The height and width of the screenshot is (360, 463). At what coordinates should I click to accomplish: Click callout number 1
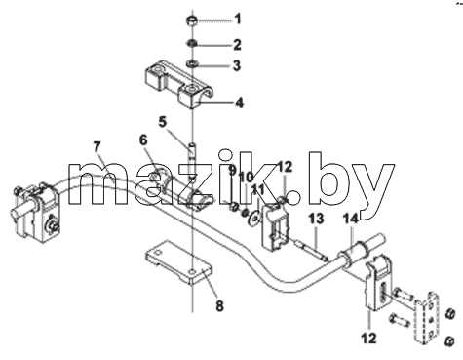238,19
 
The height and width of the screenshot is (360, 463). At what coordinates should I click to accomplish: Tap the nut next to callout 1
192,20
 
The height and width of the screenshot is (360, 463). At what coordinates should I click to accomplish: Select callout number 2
238,45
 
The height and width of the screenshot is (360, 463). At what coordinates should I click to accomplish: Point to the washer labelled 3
192,62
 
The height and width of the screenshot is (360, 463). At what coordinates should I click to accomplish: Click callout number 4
239,103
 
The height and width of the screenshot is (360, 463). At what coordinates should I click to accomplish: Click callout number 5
163,123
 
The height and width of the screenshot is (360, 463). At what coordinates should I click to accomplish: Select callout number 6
143,140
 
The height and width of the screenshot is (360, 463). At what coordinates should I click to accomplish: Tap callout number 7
97,147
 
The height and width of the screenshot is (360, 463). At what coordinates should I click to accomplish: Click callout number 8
219,306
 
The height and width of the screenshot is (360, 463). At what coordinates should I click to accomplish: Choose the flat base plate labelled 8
179,262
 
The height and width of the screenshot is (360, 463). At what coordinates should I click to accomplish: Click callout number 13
316,219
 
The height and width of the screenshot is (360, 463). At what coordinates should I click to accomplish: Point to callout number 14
351,219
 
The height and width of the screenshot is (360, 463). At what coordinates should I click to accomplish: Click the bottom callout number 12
369,339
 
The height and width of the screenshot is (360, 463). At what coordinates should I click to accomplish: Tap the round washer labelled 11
253,218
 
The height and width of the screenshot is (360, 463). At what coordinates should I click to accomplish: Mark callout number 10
247,178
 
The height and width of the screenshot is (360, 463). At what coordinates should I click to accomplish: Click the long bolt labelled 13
311,250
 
